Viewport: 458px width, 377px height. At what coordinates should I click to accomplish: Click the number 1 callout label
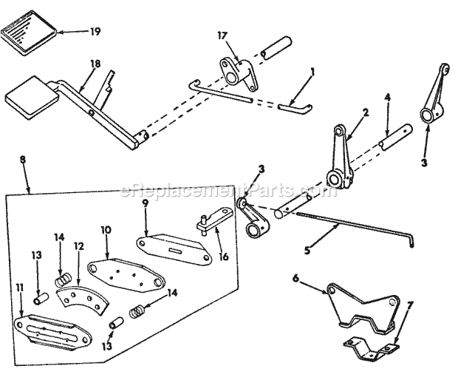pyautogui.click(x=312, y=72)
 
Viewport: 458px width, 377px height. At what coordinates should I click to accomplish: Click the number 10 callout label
pyautogui.click(x=106, y=230)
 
